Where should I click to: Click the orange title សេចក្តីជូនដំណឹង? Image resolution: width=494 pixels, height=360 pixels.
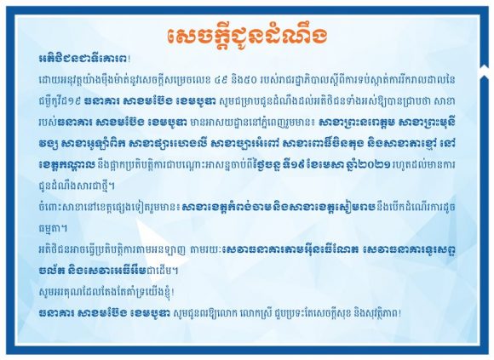[x=247, y=37]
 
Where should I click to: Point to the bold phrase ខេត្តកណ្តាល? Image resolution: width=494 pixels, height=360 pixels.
[x=66, y=165]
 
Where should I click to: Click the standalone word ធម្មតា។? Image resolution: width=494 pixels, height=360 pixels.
[x=52, y=229]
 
